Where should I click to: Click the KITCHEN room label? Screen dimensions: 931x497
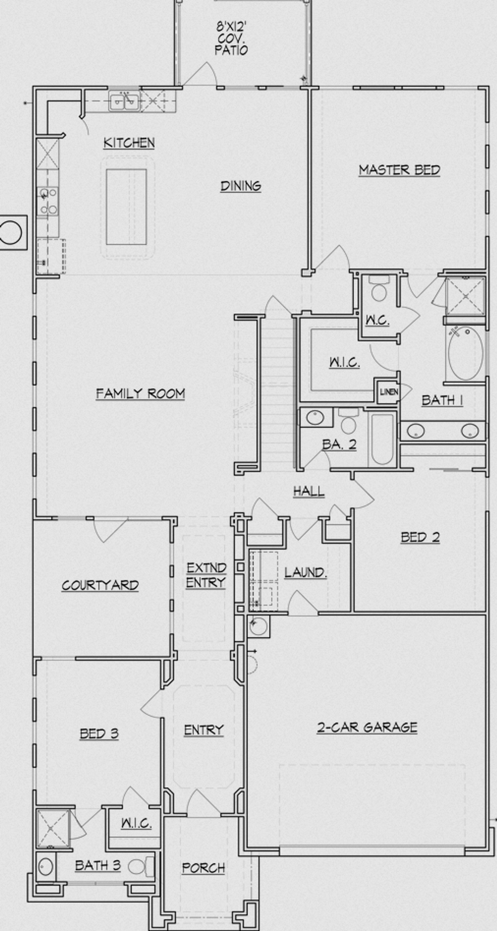[x=129, y=143]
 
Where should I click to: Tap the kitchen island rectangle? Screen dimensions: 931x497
[x=126, y=207]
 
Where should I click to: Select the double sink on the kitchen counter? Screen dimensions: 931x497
[x=124, y=102]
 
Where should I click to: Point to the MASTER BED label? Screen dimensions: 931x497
[x=399, y=170]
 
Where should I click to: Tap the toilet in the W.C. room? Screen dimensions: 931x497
[x=379, y=289]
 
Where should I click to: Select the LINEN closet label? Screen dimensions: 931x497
[x=389, y=392]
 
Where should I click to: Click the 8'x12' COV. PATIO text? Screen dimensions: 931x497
[x=232, y=38]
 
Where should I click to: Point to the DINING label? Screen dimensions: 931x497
[x=241, y=186]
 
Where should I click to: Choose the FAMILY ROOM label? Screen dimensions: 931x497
[x=140, y=394]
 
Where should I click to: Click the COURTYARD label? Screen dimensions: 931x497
[x=100, y=585]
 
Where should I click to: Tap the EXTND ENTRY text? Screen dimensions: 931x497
[x=206, y=575]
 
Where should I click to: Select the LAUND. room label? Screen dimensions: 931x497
[x=305, y=572]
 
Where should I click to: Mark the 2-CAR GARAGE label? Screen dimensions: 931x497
[x=367, y=727]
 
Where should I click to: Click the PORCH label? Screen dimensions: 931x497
[x=203, y=868]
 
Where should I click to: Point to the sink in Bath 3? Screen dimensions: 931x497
[x=46, y=867]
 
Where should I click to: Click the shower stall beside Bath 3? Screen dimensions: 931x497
[x=52, y=828]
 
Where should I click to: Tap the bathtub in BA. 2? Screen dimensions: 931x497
[x=382, y=439]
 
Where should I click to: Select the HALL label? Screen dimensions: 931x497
[x=309, y=491]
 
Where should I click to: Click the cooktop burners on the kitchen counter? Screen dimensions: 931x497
[x=48, y=201]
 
